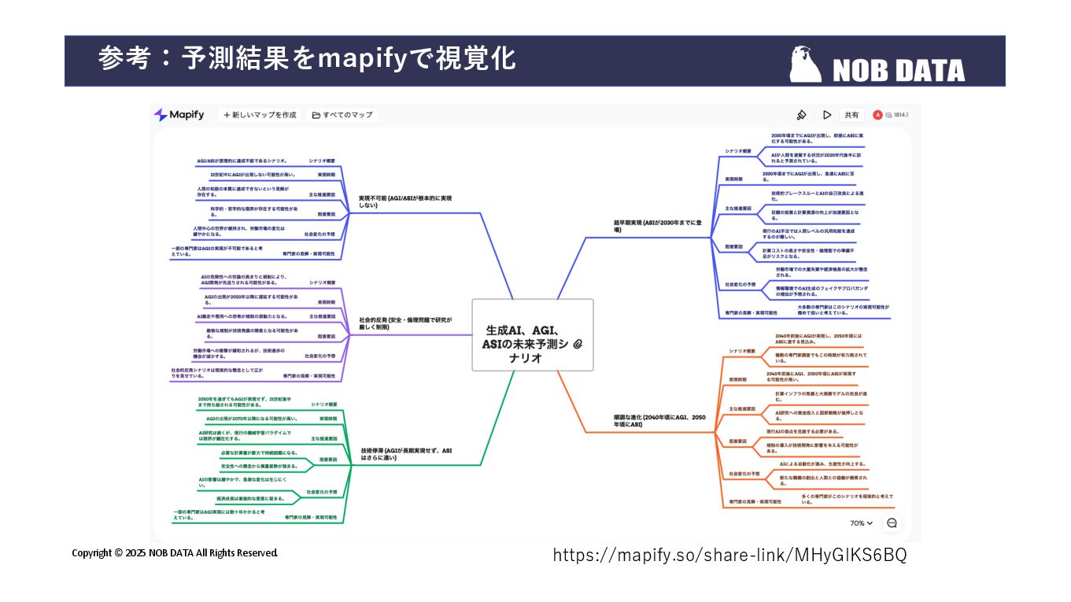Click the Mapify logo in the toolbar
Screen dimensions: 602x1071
coord(179,115)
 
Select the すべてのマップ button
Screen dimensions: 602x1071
coord(342,115)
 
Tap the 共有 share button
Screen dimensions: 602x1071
coord(851,115)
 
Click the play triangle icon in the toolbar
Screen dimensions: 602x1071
coord(827,115)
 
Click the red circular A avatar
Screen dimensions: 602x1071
coord(877,115)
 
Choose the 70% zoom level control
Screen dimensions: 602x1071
coord(861,523)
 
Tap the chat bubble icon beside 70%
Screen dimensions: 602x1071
coord(892,523)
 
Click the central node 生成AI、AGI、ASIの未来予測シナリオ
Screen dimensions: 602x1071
coord(532,335)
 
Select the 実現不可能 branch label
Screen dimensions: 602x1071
coord(405,201)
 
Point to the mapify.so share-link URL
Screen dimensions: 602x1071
coord(729,555)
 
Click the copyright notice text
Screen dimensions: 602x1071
coord(175,553)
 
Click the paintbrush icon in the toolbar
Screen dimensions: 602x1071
coord(801,115)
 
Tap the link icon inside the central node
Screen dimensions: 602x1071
coord(578,345)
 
